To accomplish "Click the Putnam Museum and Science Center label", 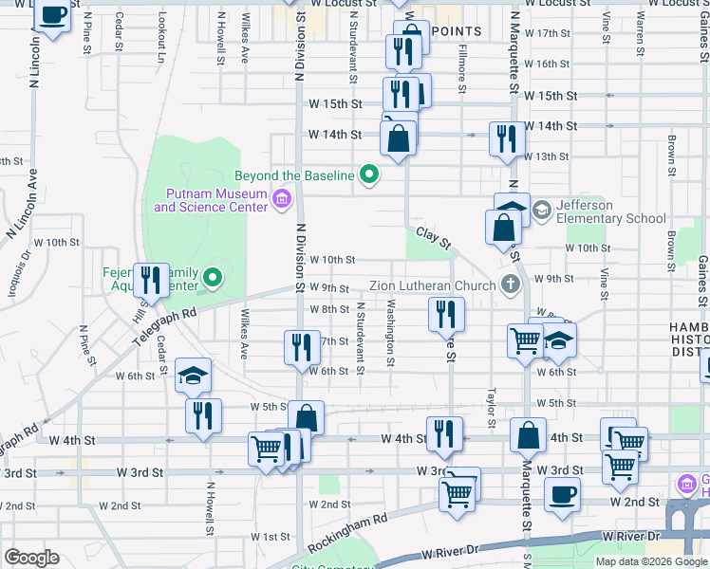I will point(211,199).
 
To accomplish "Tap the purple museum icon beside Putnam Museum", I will point(282,199).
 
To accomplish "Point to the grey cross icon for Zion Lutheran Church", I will point(510,284).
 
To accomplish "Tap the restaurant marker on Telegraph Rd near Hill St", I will point(150,280).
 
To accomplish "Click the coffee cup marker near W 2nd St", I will point(562,493).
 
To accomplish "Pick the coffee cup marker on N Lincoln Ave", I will point(54,16).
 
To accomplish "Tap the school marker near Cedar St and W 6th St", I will point(193,376).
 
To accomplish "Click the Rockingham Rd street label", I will point(348,530).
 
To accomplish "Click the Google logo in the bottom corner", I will point(32,558).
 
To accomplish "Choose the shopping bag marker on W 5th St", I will point(306,417).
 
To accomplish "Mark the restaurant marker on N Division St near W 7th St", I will point(302,346).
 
